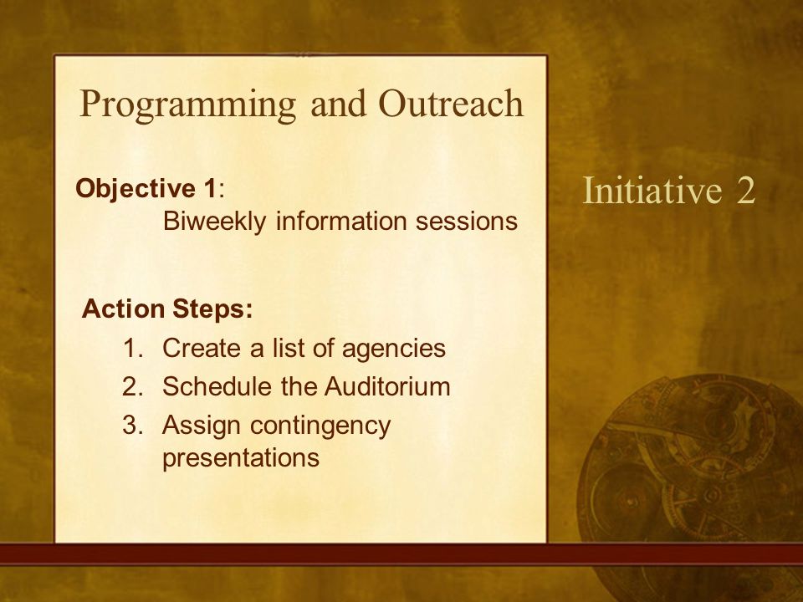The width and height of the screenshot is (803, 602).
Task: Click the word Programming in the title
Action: coord(188,105)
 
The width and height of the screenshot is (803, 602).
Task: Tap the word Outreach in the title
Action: coord(451,103)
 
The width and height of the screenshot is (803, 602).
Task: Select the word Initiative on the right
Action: coord(652,190)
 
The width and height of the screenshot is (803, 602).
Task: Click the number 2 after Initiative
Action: coord(746,191)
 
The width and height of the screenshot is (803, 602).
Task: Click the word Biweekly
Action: coord(215,222)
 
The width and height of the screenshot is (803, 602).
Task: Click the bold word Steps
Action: coord(212,309)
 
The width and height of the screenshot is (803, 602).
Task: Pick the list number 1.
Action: coord(131,348)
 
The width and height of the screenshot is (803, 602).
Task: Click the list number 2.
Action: coord(131,386)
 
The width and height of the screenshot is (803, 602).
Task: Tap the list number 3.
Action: coord(131,425)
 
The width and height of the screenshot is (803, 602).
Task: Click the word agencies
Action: coord(394,349)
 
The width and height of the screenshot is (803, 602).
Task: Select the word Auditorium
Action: coord(387,386)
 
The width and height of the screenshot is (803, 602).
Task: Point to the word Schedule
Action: coord(217,386)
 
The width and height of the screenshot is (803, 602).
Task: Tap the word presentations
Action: coord(241,457)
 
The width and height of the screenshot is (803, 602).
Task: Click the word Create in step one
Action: coord(202,348)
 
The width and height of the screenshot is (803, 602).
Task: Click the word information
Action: coord(341,221)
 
